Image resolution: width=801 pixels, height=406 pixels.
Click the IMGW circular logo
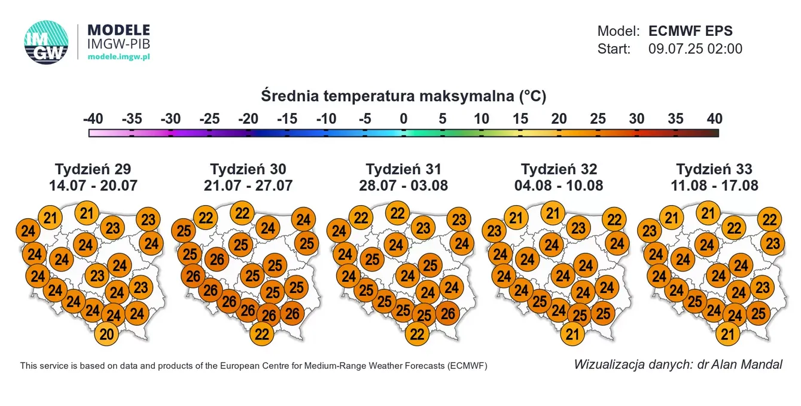tap(46, 42)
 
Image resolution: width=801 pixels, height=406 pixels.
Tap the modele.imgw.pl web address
tap(118, 56)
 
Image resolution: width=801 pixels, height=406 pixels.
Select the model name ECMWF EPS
tap(690, 31)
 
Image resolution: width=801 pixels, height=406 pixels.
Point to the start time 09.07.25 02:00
tap(695, 49)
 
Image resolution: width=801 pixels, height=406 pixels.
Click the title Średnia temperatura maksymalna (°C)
tap(403, 96)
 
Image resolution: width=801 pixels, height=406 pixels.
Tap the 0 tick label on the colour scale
tap(404, 118)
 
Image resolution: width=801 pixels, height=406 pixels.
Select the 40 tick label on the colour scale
tap(714, 118)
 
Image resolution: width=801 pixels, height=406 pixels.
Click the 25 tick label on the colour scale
tap(598, 118)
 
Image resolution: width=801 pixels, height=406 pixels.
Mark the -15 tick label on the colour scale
tap(287, 118)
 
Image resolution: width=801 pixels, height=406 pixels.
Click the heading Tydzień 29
tap(93, 169)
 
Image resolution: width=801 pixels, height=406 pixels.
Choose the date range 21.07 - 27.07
tap(248, 185)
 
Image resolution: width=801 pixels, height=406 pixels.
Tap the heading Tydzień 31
tap(403, 169)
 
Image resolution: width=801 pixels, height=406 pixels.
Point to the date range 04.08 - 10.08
tap(559, 185)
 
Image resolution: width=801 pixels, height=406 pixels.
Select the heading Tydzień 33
tap(714, 169)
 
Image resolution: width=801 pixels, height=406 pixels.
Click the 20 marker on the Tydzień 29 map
tap(107, 335)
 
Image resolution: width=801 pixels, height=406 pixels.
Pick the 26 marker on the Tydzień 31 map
tap(448, 313)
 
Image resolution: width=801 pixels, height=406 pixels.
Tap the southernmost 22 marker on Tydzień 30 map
tap(262, 334)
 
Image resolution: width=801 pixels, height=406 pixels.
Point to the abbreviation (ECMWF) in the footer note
tap(467, 365)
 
